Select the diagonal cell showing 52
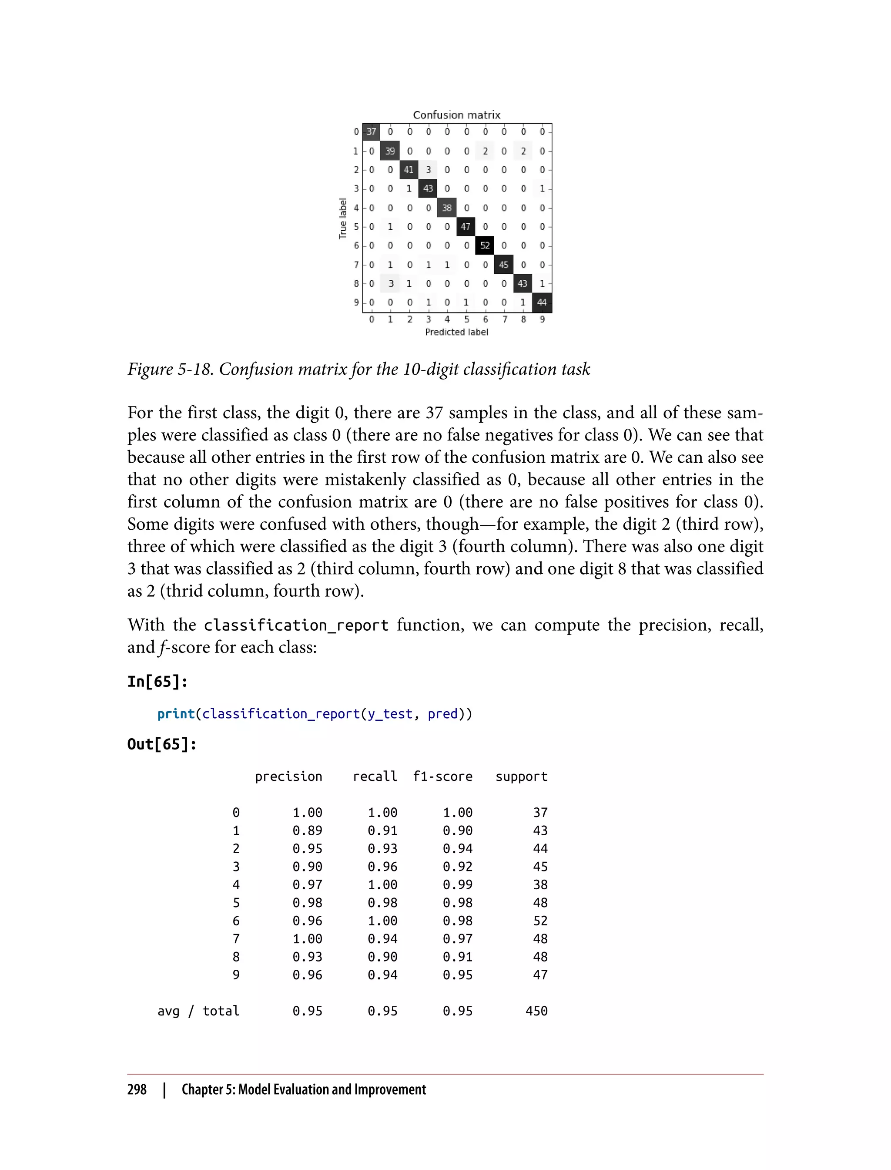point(485,245)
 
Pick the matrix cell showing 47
point(466,227)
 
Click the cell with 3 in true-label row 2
point(428,170)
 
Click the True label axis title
point(343,218)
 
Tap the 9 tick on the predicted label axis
point(542,319)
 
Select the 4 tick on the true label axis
point(356,208)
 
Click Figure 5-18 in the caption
point(170,369)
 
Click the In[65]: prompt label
point(157,682)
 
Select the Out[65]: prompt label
point(162,744)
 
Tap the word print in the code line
point(176,714)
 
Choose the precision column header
point(288,777)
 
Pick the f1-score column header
point(442,777)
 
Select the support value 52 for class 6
point(540,921)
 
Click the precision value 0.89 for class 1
point(308,831)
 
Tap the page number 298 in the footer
point(137,1090)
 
